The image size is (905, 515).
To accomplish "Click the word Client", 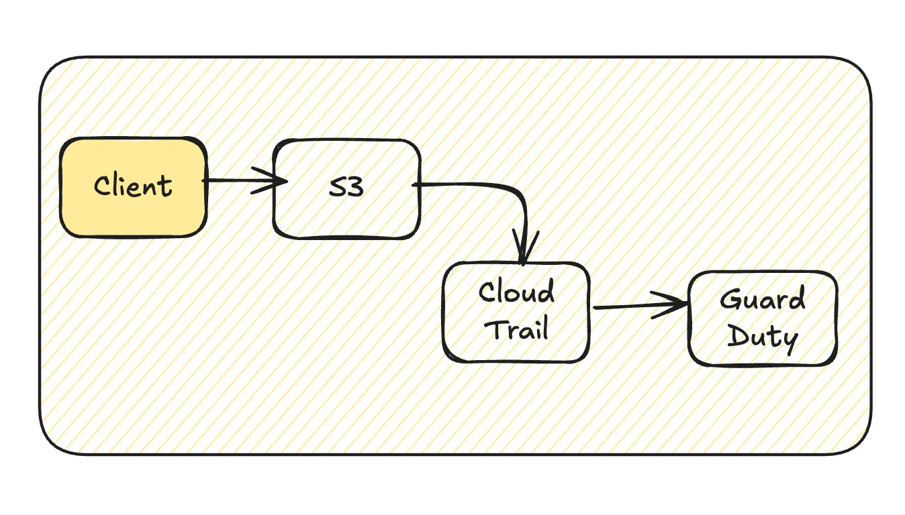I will [x=134, y=186].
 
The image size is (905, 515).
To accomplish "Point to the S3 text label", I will [x=346, y=187].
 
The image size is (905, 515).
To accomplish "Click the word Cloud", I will [x=516, y=292].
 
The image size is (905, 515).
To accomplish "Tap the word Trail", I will [x=518, y=329].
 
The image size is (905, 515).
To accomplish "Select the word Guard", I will [x=763, y=299].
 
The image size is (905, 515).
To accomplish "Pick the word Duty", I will [x=763, y=337].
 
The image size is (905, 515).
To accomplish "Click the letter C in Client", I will [x=102, y=186].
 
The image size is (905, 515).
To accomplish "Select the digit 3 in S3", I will [x=356, y=187].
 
